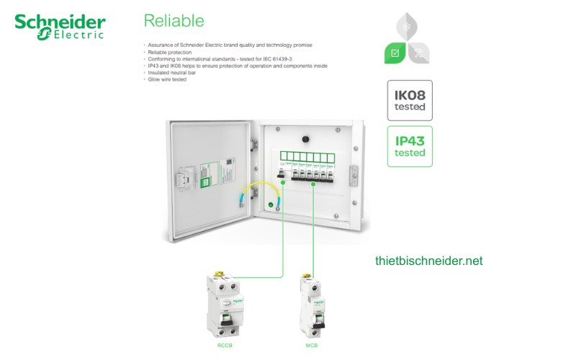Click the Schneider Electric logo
point(60,25)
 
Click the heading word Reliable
point(174,20)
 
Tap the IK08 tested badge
point(410,100)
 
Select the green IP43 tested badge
point(410,146)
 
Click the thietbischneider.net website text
point(429,261)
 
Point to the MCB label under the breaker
point(312,344)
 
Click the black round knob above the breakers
point(305,136)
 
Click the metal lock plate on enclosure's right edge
point(352,173)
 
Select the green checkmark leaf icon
point(397,53)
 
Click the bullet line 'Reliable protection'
point(168,53)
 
